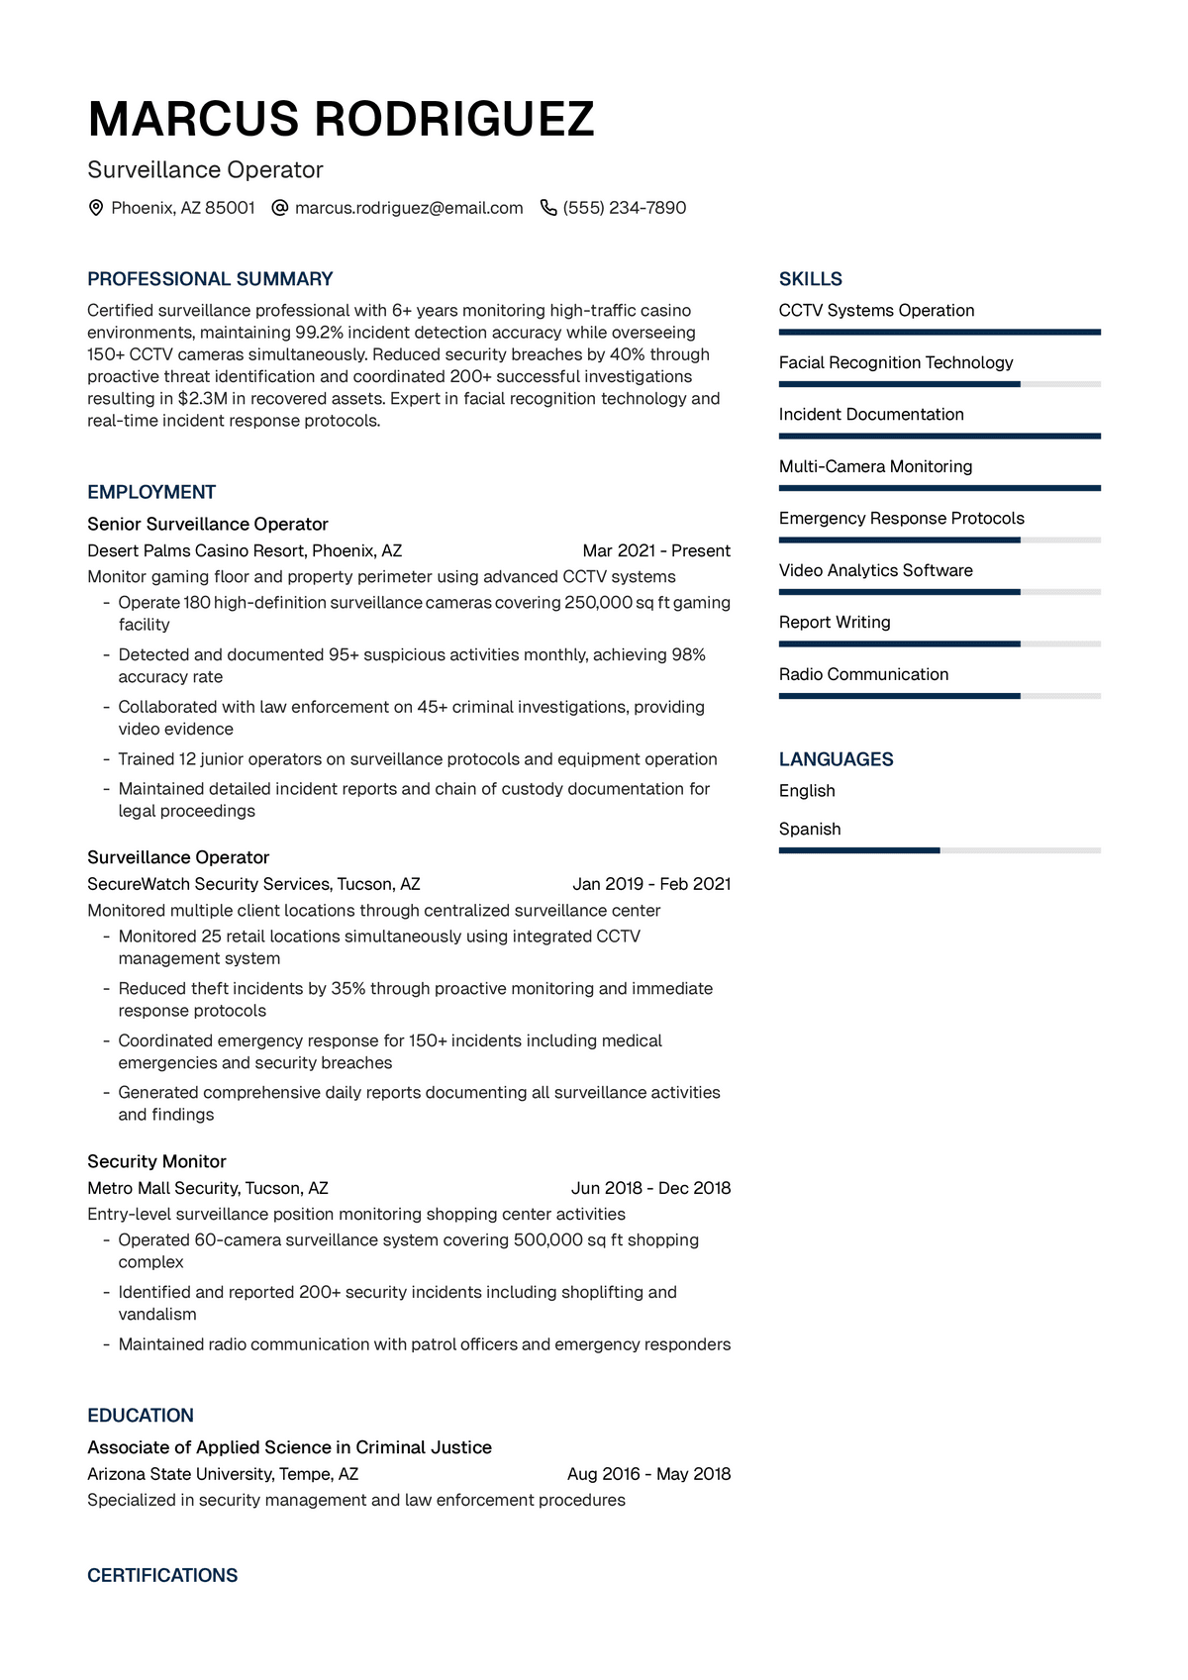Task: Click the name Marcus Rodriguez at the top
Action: click(341, 119)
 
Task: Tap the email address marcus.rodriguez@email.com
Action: click(408, 208)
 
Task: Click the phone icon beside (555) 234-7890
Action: click(548, 208)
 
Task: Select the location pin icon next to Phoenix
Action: click(96, 208)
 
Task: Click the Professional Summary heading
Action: click(210, 279)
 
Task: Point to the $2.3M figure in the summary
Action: click(202, 399)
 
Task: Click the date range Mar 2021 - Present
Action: click(656, 550)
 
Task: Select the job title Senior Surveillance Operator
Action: click(208, 524)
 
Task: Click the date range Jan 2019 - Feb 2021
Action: click(651, 884)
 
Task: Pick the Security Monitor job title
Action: click(156, 1161)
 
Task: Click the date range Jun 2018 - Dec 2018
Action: click(650, 1188)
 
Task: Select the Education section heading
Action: click(141, 1416)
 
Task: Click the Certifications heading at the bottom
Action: click(162, 1576)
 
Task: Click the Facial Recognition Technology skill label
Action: click(896, 362)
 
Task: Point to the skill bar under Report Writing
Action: click(939, 643)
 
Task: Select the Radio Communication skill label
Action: click(863, 674)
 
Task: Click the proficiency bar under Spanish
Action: click(939, 850)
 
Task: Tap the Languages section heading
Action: click(836, 759)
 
